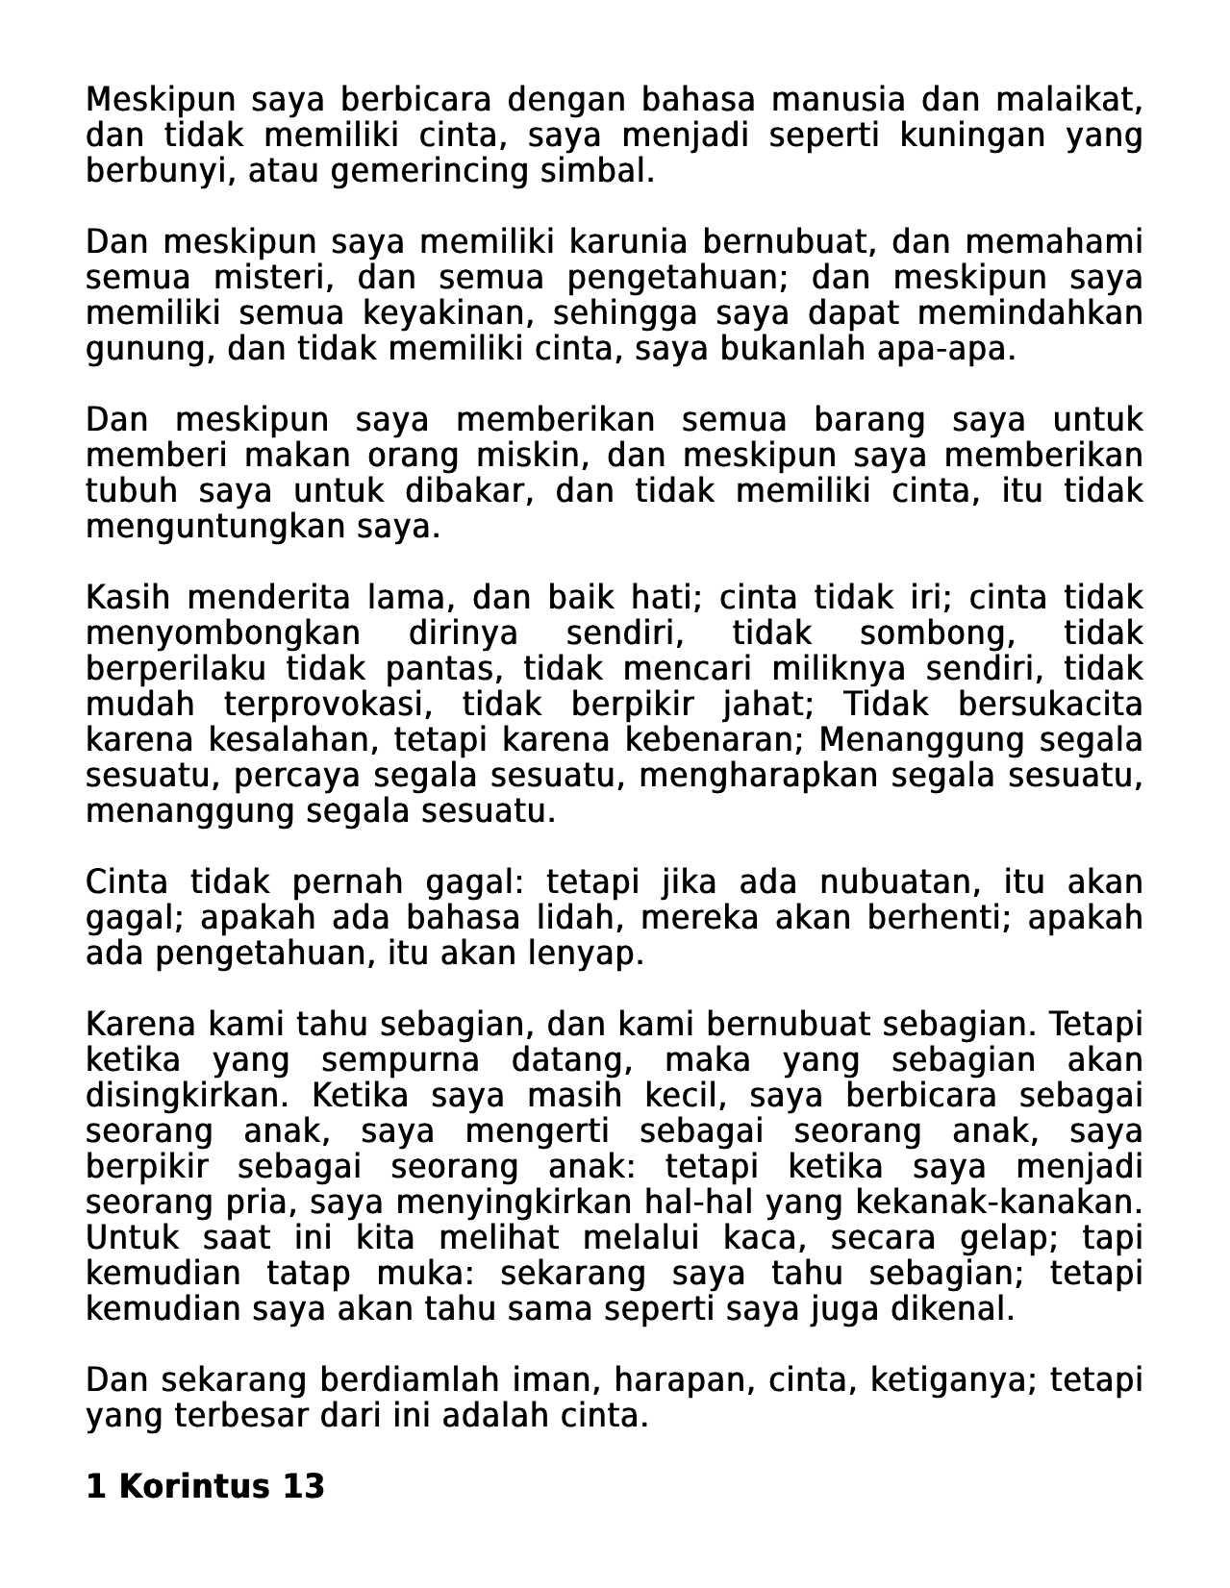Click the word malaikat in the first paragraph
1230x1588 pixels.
(x=1068, y=99)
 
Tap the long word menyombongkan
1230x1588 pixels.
(x=223, y=633)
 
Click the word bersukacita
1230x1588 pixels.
(x=1050, y=705)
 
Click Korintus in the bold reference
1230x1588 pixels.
(x=194, y=1486)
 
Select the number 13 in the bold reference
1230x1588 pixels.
(x=304, y=1486)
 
